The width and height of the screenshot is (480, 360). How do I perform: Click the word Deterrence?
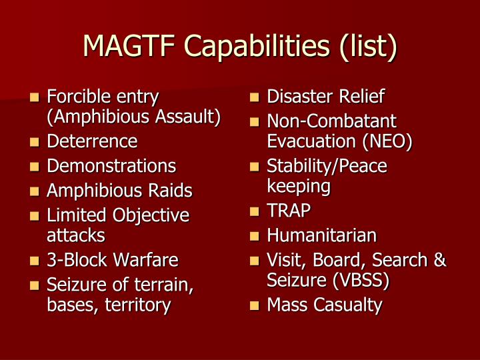point(92,141)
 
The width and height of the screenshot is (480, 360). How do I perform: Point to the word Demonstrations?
point(111,166)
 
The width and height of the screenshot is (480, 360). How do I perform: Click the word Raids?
point(170,191)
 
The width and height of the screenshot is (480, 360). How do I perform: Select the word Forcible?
point(73,97)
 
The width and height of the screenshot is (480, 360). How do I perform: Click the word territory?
point(139,305)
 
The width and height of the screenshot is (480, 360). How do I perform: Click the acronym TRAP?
point(289,211)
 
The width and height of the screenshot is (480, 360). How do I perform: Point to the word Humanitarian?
point(322,235)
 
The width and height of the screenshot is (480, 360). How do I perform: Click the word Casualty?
point(350,305)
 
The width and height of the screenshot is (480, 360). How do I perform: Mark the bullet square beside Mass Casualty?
point(254,307)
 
